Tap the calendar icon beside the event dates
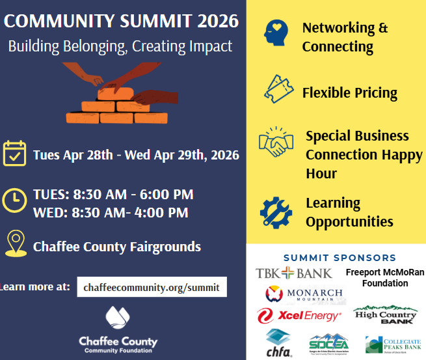[x=14, y=154]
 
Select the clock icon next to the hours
[x=14, y=202]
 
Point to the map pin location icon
[x=14, y=243]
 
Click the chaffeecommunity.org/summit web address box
[x=152, y=286]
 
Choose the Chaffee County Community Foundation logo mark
[x=118, y=319]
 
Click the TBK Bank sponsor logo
[x=293, y=273]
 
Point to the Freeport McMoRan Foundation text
[x=384, y=277]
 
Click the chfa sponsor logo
[x=278, y=343]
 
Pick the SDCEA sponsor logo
[x=328, y=344]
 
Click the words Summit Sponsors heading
[x=339, y=258]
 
